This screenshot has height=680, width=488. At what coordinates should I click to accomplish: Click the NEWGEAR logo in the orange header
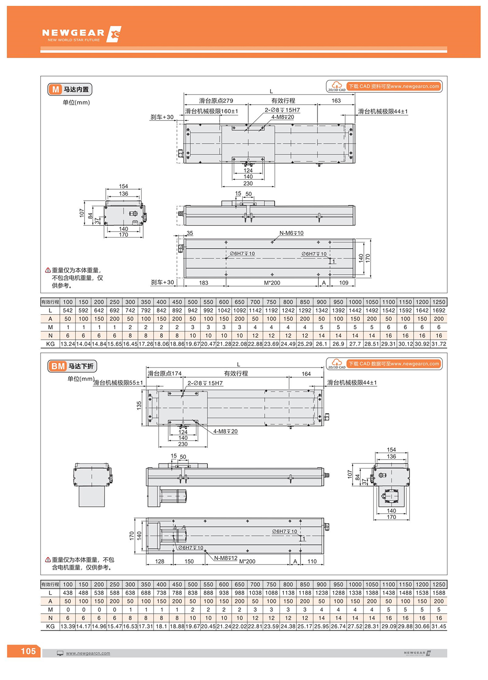tap(81, 34)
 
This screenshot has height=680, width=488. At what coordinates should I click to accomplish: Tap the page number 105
tap(28, 651)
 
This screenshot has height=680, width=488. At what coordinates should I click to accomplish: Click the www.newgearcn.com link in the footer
tap(88, 653)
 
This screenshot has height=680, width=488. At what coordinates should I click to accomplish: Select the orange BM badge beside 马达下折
tap(58, 366)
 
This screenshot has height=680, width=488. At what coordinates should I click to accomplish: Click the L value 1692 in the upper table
tap(439, 310)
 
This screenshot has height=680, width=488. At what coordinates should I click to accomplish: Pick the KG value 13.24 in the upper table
tap(68, 344)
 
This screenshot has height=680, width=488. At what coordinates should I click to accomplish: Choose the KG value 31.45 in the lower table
tap(439, 627)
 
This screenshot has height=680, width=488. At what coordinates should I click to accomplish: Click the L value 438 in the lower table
tap(68, 593)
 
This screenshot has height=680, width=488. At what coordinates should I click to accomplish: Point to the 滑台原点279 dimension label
tap(216, 101)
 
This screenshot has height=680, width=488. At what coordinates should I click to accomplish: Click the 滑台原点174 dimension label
tap(165, 374)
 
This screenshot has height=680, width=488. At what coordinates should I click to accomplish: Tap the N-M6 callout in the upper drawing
tap(291, 233)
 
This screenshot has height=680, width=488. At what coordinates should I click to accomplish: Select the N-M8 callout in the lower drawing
tap(226, 558)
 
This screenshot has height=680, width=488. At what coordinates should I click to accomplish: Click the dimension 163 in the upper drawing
tap(336, 101)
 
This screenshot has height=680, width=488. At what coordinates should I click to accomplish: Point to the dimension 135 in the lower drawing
tap(139, 405)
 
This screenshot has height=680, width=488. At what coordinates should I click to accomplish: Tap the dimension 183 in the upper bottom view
tap(203, 283)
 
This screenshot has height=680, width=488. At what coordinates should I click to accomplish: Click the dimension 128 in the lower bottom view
tap(160, 562)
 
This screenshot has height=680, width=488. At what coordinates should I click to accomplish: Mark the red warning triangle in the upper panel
tap(48, 271)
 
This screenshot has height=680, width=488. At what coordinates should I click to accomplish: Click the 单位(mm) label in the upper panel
tap(76, 103)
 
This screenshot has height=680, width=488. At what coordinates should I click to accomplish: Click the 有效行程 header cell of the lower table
tap(50, 584)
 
